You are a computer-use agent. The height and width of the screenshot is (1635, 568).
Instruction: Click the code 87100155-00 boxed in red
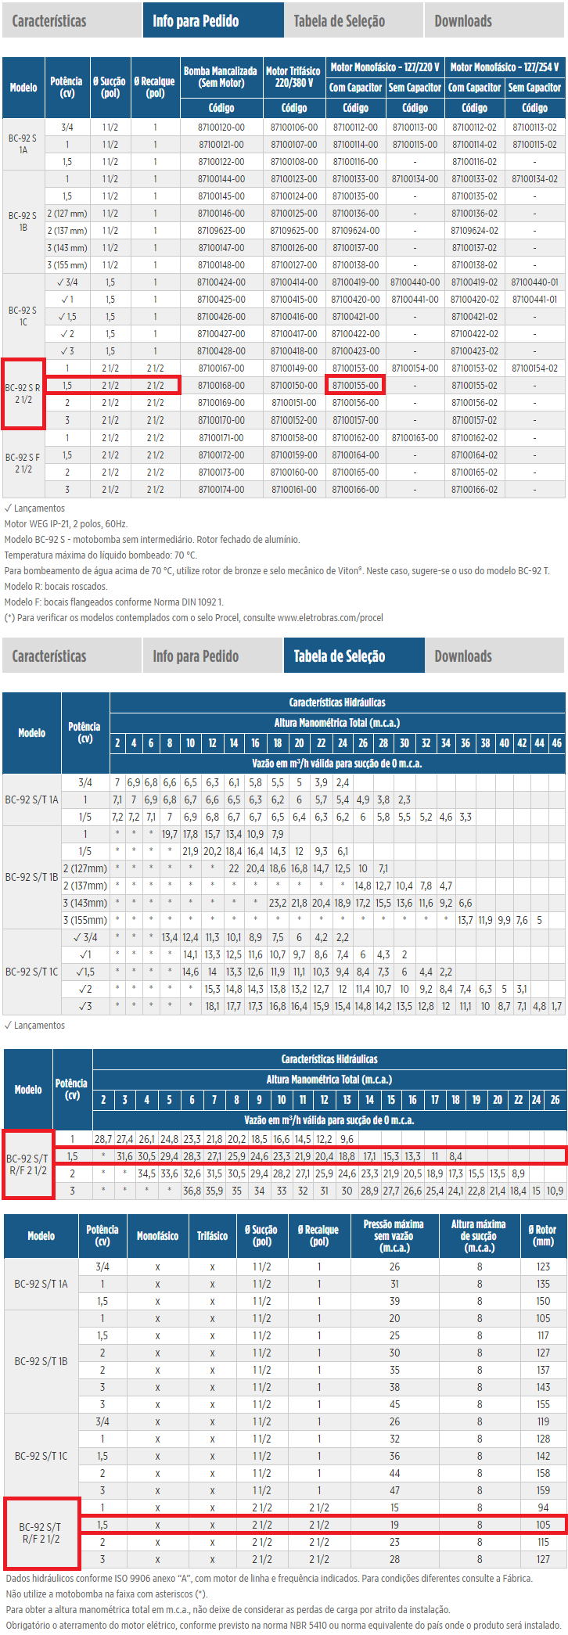pyautogui.click(x=355, y=385)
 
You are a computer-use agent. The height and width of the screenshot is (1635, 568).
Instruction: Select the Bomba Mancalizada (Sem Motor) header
pyautogui.click(x=220, y=77)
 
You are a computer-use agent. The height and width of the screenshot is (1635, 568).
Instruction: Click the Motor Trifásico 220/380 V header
pyautogui.click(x=293, y=77)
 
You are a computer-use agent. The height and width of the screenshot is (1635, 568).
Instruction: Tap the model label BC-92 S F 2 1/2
pyautogui.click(x=23, y=463)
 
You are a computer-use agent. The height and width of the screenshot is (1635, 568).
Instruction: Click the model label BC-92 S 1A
pyautogui.click(x=23, y=144)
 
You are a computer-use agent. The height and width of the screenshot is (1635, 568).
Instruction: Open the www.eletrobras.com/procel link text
pyautogui.click(x=330, y=617)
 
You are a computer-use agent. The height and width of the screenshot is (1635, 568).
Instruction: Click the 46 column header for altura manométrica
pyautogui.click(x=556, y=742)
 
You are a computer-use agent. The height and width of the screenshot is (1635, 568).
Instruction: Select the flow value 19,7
pyautogui.click(x=169, y=834)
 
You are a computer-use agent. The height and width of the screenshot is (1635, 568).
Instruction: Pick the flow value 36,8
pyautogui.click(x=192, y=1191)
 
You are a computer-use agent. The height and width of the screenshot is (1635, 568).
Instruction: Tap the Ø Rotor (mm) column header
pyautogui.click(x=543, y=1235)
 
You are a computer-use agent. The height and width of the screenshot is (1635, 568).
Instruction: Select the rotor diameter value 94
pyautogui.click(x=543, y=1507)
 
